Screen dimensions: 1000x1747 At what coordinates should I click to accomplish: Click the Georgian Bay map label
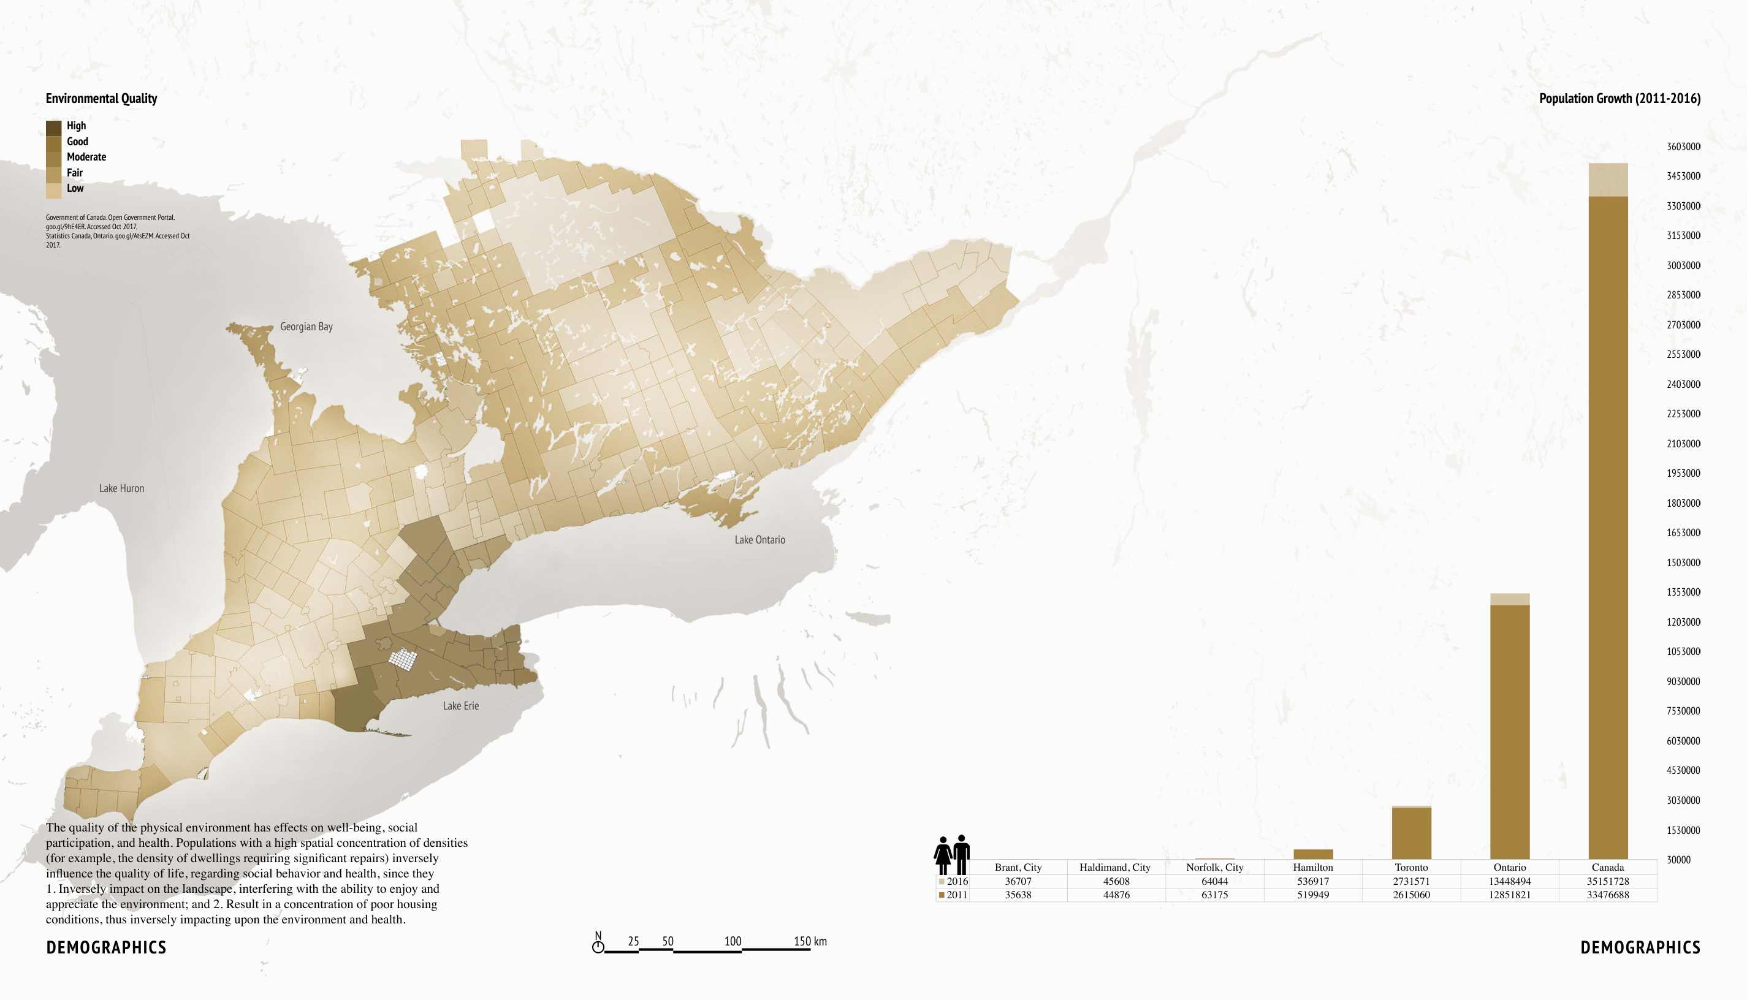306,327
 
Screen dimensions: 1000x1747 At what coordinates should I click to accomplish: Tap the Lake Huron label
121,488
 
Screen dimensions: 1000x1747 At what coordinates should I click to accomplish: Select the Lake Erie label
460,706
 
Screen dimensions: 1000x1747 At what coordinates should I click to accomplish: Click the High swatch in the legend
53,127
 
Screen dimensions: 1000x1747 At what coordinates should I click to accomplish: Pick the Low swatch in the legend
53,189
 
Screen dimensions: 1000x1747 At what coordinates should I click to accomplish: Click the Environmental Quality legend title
102,98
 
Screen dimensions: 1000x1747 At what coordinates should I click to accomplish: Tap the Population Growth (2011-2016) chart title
1619,98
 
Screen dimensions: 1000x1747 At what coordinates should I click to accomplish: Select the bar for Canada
1607,522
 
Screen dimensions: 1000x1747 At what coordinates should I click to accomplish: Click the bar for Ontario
1509,728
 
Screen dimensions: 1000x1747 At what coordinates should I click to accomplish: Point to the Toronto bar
1411,833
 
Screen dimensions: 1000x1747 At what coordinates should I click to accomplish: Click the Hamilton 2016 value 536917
1312,881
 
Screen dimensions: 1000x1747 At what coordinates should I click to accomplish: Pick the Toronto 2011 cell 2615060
1411,895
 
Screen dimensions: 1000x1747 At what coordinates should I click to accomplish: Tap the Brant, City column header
1018,868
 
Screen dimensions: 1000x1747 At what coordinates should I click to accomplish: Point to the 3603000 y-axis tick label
1683,146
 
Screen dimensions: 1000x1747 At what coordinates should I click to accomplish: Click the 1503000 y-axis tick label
1683,562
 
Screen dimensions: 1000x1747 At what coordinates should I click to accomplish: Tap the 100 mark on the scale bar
733,942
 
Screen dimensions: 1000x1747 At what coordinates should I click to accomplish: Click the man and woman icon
951,854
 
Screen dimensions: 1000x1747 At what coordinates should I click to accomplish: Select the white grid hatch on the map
403,659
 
